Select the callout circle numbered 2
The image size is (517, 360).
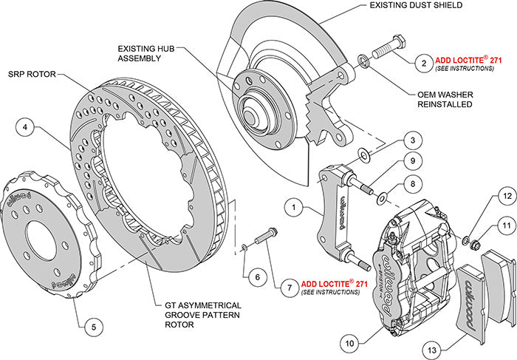coord(422,62)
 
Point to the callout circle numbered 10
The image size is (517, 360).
coord(349,342)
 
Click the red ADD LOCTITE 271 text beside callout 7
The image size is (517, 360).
coord(335,283)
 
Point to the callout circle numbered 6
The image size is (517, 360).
coord(256,277)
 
